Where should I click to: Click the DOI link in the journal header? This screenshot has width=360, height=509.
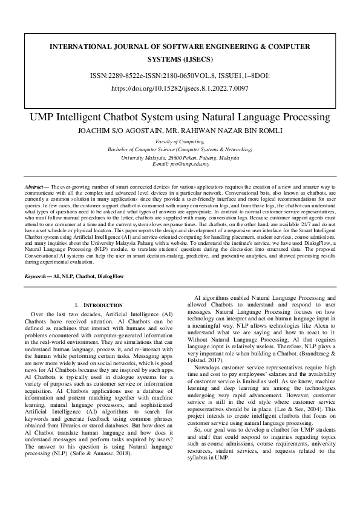(180, 88)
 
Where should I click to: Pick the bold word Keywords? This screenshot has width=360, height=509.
(37, 275)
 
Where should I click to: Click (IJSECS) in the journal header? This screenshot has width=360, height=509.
(180, 60)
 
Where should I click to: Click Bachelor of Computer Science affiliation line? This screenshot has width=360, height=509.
(180, 149)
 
